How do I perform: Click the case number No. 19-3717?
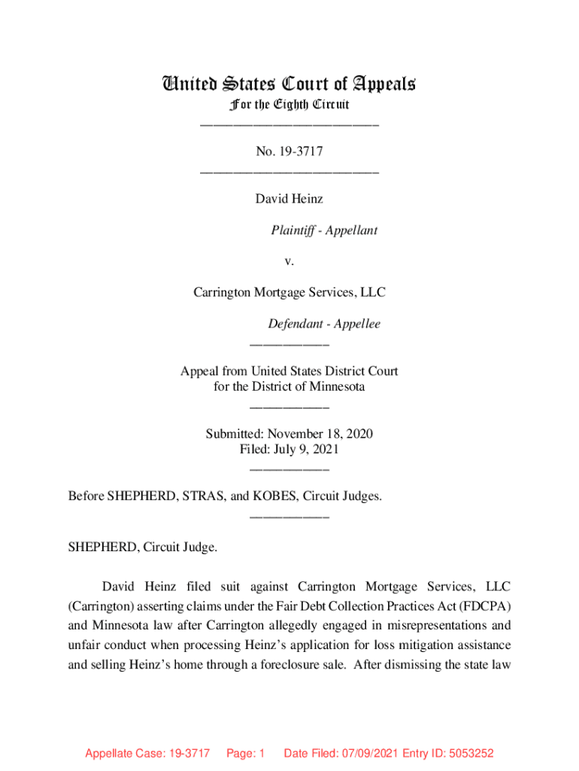click(x=289, y=152)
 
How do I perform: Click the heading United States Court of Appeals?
click(x=289, y=84)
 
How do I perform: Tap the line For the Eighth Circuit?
click(x=289, y=104)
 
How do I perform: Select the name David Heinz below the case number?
click(x=289, y=199)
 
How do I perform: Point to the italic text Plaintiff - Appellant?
click(x=324, y=230)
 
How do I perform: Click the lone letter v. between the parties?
click(x=289, y=261)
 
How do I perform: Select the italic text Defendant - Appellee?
click(x=324, y=325)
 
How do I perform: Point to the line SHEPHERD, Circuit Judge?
click(x=143, y=547)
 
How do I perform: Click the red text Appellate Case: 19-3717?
click(x=147, y=754)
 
